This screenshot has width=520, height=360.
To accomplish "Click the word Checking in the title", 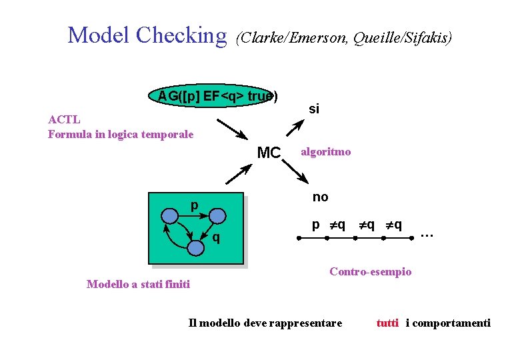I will click(x=181, y=35).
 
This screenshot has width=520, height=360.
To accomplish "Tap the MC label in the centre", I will click(x=269, y=153).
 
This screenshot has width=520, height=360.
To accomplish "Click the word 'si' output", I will click(x=314, y=108).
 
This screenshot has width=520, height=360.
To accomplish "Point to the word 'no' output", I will click(x=321, y=197).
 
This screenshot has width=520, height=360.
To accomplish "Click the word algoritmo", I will click(x=325, y=152).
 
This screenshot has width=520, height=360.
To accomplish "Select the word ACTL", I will click(x=64, y=120).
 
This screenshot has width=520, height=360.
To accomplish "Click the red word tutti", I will click(x=387, y=323).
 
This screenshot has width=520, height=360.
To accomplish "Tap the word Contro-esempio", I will click(x=371, y=271).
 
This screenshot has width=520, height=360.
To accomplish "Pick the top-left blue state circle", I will click(x=170, y=215).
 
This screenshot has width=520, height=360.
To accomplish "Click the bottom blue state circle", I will click(x=195, y=247).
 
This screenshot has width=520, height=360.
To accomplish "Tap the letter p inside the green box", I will click(x=194, y=205).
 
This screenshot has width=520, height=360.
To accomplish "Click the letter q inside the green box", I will click(x=216, y=238).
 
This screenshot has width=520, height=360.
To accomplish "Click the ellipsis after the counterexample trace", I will click(x=427, y=234).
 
